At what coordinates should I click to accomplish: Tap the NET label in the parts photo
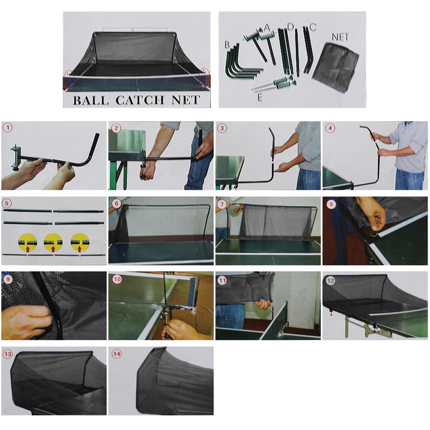pyautogui.click(x=340, y=37)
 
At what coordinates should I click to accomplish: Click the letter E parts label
pyautogui.click(x=260, y=97)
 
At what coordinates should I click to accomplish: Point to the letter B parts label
pyautogui.click(x=227, y=43)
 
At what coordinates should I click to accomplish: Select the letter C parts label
pyautogui.click(x=313, y=27)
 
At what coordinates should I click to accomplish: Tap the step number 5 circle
pyautogui.click(x=8, y=204)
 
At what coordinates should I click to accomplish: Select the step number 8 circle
pyautogui.click(x=330, y=204)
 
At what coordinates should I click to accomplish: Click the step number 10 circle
pyautogui.click(x=116, y=278)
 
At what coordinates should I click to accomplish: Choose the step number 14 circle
pyautogui.click(x=116, y=354)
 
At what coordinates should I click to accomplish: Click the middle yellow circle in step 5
pyautogui.click(x=53, y=242)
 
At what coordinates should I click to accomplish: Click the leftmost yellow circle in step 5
pyautogui.click(x=28, y=242)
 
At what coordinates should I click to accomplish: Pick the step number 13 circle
pyautogui.click(x=8, y=354)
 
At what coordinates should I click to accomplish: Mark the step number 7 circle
pyautogui.click(x=223, y=204)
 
